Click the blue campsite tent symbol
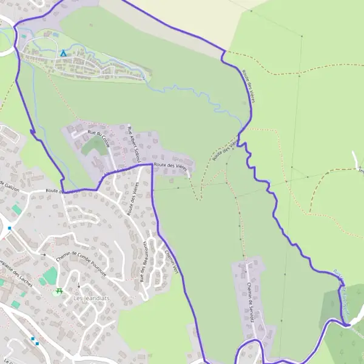[62, 53]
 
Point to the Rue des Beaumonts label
[144, 261]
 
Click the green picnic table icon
[59, 292]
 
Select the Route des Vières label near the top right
[248, 85]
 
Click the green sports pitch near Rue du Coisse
[93, 146]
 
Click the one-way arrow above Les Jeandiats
[78, 285]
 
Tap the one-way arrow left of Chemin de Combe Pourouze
[42, 254]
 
